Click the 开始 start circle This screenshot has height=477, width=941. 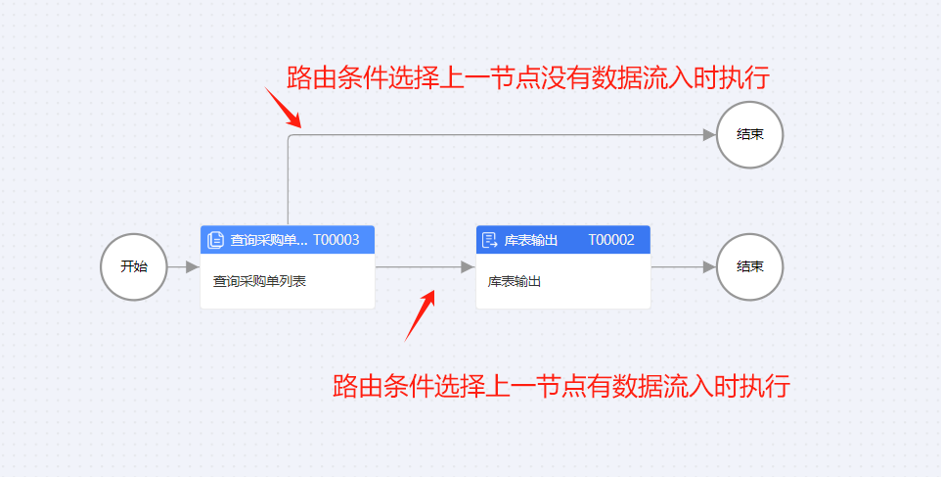pos(134,266)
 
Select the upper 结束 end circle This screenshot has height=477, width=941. pos(749,135)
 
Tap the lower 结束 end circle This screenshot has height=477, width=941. pos(749,266)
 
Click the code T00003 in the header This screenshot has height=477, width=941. pos(336,240)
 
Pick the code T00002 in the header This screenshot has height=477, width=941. pos(611,240)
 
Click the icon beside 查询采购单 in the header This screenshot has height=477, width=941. pos(216,240)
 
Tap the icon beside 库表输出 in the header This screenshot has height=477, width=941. pos(491,240)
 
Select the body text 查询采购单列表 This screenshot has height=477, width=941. pos(260,282)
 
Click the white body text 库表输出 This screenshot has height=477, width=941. pos(515,282)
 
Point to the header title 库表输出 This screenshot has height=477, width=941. pos(531,240)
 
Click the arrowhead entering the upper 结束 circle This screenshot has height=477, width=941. pos(709,135)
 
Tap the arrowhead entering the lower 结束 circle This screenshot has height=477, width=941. pos(709,266)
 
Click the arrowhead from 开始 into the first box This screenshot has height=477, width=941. pos(192,266)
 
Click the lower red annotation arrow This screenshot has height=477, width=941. pos(421,313)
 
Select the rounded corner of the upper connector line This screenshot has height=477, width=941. pos(291,138)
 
